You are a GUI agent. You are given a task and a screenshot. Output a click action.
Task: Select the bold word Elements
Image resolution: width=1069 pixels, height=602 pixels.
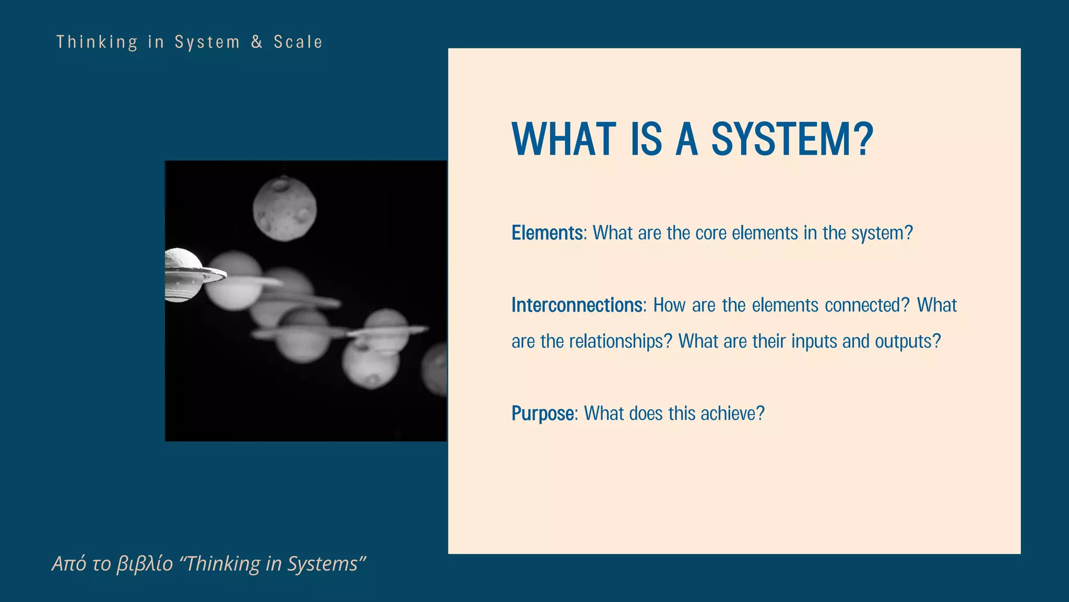(547, 233)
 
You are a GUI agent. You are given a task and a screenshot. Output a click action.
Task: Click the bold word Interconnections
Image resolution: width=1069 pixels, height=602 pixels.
(577, 305)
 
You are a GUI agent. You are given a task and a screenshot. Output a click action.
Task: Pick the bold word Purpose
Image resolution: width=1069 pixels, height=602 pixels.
(543, 414)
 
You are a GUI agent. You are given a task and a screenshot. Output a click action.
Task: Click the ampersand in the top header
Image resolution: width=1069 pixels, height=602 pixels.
(256, 42)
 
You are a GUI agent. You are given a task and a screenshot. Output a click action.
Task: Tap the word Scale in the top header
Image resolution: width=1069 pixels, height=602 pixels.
(298, 42)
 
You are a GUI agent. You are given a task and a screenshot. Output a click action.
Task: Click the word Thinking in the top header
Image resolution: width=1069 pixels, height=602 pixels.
(97, 42)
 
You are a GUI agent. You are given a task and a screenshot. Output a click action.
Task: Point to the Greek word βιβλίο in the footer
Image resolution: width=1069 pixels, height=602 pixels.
(145, 564)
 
